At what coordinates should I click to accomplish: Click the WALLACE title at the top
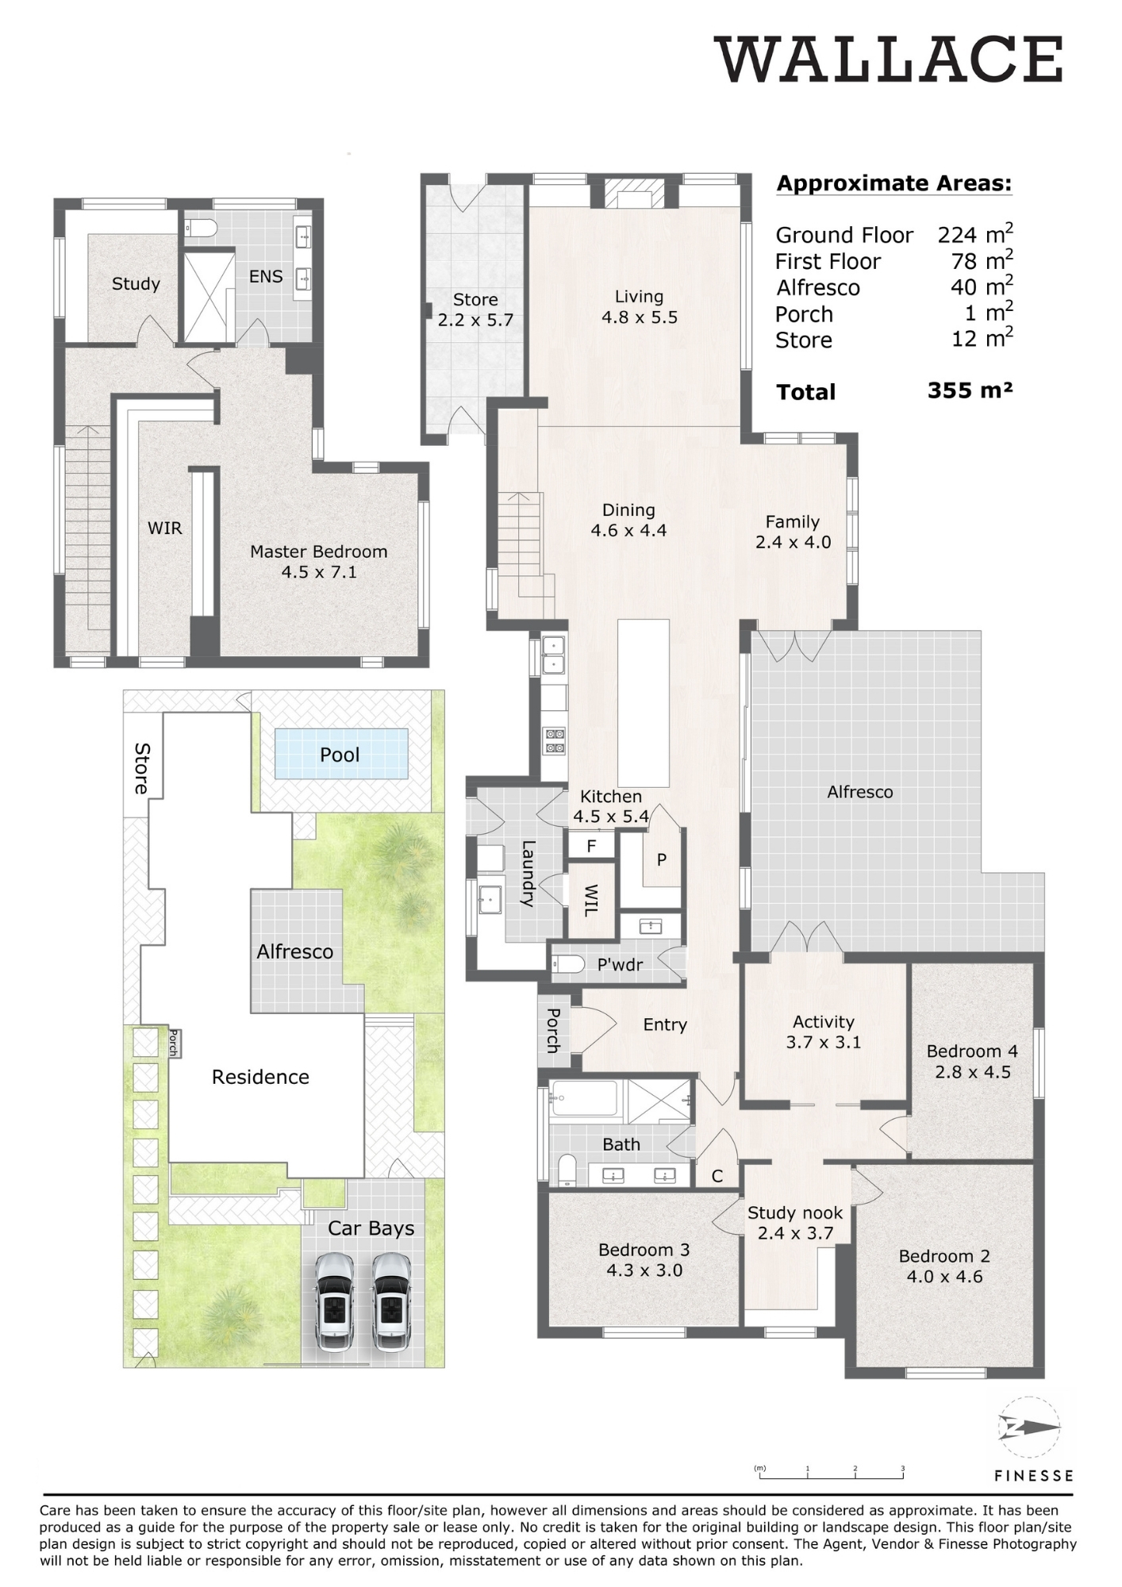click(x=890, y=60)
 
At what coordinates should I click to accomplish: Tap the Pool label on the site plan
click(x=340, y=755)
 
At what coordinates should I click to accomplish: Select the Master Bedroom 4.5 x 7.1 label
click(x=319, y=561)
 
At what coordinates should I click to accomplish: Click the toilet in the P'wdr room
click(x=568, y=964)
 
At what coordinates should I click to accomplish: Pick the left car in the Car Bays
click(x=335, y=1301)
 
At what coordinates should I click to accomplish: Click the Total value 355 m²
click(x=970, y=390)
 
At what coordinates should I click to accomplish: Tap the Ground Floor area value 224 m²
click(x=975, y=233)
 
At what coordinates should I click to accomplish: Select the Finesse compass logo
click(x=1029, y=1428)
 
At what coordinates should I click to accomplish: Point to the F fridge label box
click(x=592, y=846)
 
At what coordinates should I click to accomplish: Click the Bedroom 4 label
click(x=972, y=1051)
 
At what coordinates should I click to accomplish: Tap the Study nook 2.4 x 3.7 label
click(x=795, y=1223)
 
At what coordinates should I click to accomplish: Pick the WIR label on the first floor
click(x=165, y=528)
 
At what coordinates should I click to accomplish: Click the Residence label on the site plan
click(x=260, y=1077)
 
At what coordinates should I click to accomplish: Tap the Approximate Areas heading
click(x=894, y=184)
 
